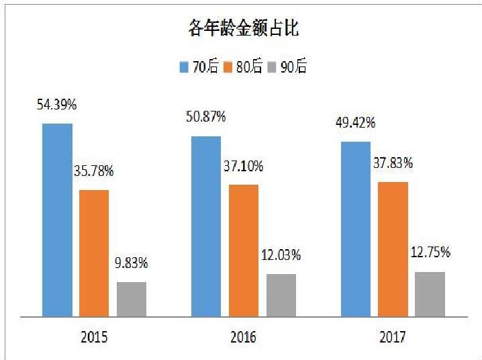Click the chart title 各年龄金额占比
point(243,29)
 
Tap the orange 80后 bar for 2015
point(94,253)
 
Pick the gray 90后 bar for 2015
point(132,299)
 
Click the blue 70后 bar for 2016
point(206,226)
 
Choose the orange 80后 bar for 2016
point(243,250)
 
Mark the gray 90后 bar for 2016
point(281,295)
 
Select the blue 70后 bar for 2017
point(355,228)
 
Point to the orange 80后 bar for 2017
point(393,249)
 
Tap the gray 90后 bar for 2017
point(430,294)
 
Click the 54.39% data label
point(58,105)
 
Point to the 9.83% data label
point(132,263)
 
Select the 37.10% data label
point(244,166)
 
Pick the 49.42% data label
point(356,124)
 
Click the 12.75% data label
point(430,253)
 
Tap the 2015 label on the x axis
point(93,336)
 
